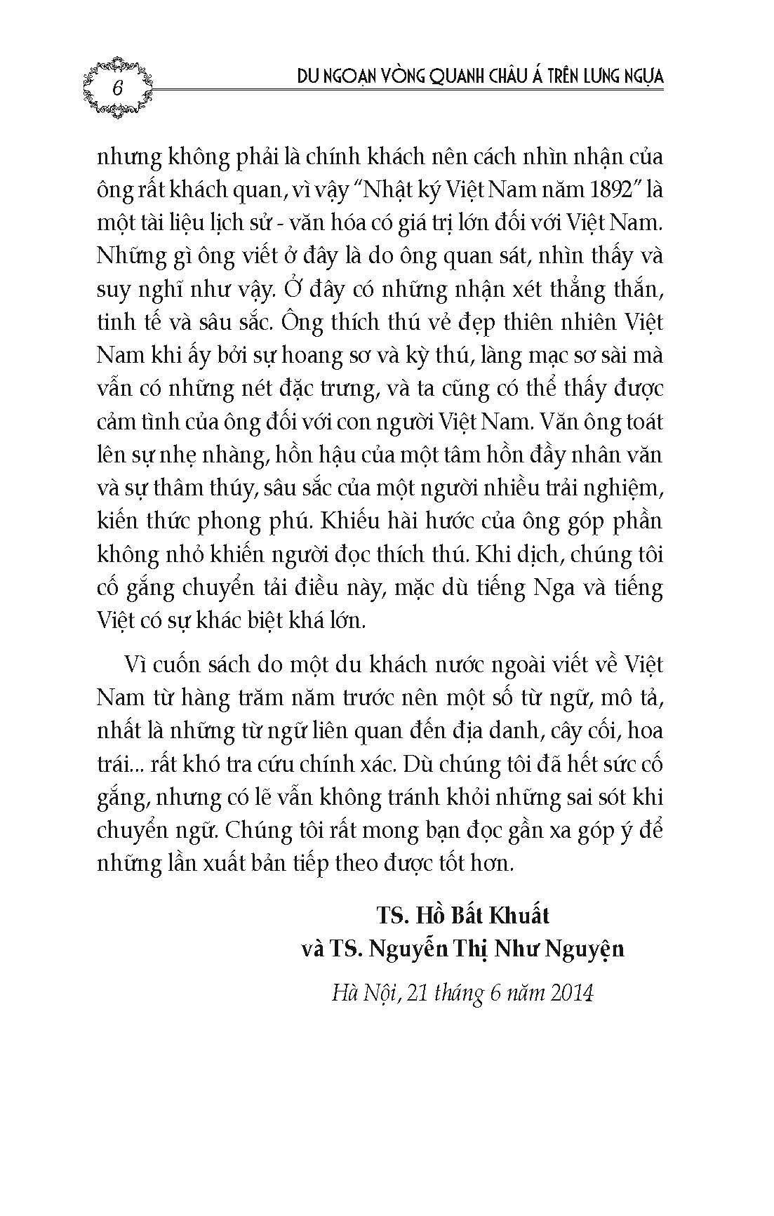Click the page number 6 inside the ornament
click(x=117, y=88)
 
